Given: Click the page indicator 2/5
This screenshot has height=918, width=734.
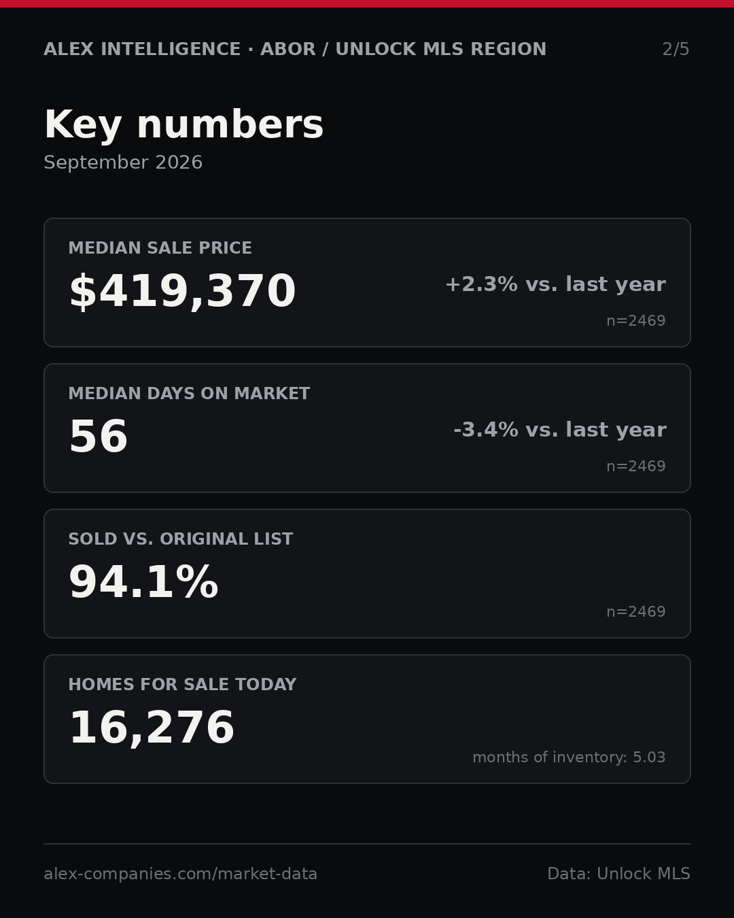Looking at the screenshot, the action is pyautogui.click(x=676, y=49).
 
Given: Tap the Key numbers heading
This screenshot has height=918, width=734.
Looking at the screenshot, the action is pyautogui.click(x=183, y=124).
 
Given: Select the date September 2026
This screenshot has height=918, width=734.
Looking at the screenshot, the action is pyautogui.click(x=123, y=163).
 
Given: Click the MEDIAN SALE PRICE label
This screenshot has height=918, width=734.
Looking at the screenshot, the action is pyautogui.click(x=160, y=248).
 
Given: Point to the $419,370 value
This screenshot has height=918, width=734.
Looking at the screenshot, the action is pyautogui.click(x=182, y=291).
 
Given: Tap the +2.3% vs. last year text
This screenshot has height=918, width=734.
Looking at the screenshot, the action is pyautogui.click(x=555, y=284).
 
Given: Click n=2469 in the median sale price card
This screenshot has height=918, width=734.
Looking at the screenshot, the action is pyautogui.click(x=636, y=321).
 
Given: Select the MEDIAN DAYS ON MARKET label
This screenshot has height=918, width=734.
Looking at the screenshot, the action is pyautogui.click(x=189, y=393).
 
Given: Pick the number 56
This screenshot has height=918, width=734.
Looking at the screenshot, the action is pyautogui.click(x=99, y=437).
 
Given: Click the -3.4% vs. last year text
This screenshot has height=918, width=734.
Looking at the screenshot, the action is pyautogui.click(x=559, y=430).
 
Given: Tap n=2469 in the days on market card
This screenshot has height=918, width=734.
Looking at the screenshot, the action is pyautogui.click(x=636, y=466).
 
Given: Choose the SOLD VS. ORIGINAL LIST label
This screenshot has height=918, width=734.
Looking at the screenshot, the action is pyautogui.click(x=180, y=539).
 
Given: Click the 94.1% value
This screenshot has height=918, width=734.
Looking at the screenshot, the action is pyautogui.click(x=143, y=582).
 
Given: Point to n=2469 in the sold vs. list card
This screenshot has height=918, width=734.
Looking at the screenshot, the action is pyautogui.click(x=636, y=612).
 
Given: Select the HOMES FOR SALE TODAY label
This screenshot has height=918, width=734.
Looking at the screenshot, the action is pyautogui.click(x=182, y=684).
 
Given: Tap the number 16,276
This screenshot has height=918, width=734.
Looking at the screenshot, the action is pyautogui.click(x=152, y=728).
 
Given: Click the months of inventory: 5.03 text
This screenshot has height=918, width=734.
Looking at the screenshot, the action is pyautogui.click(x=569, y=757).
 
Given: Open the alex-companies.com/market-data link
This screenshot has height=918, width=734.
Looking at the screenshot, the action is pyautogui.click(x=180, y=874).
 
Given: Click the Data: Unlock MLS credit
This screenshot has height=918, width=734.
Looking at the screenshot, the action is pyautogui.click(x=618, y=874).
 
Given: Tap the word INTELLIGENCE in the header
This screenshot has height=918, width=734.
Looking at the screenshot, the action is pyautogui.click(x=171, y=49).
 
